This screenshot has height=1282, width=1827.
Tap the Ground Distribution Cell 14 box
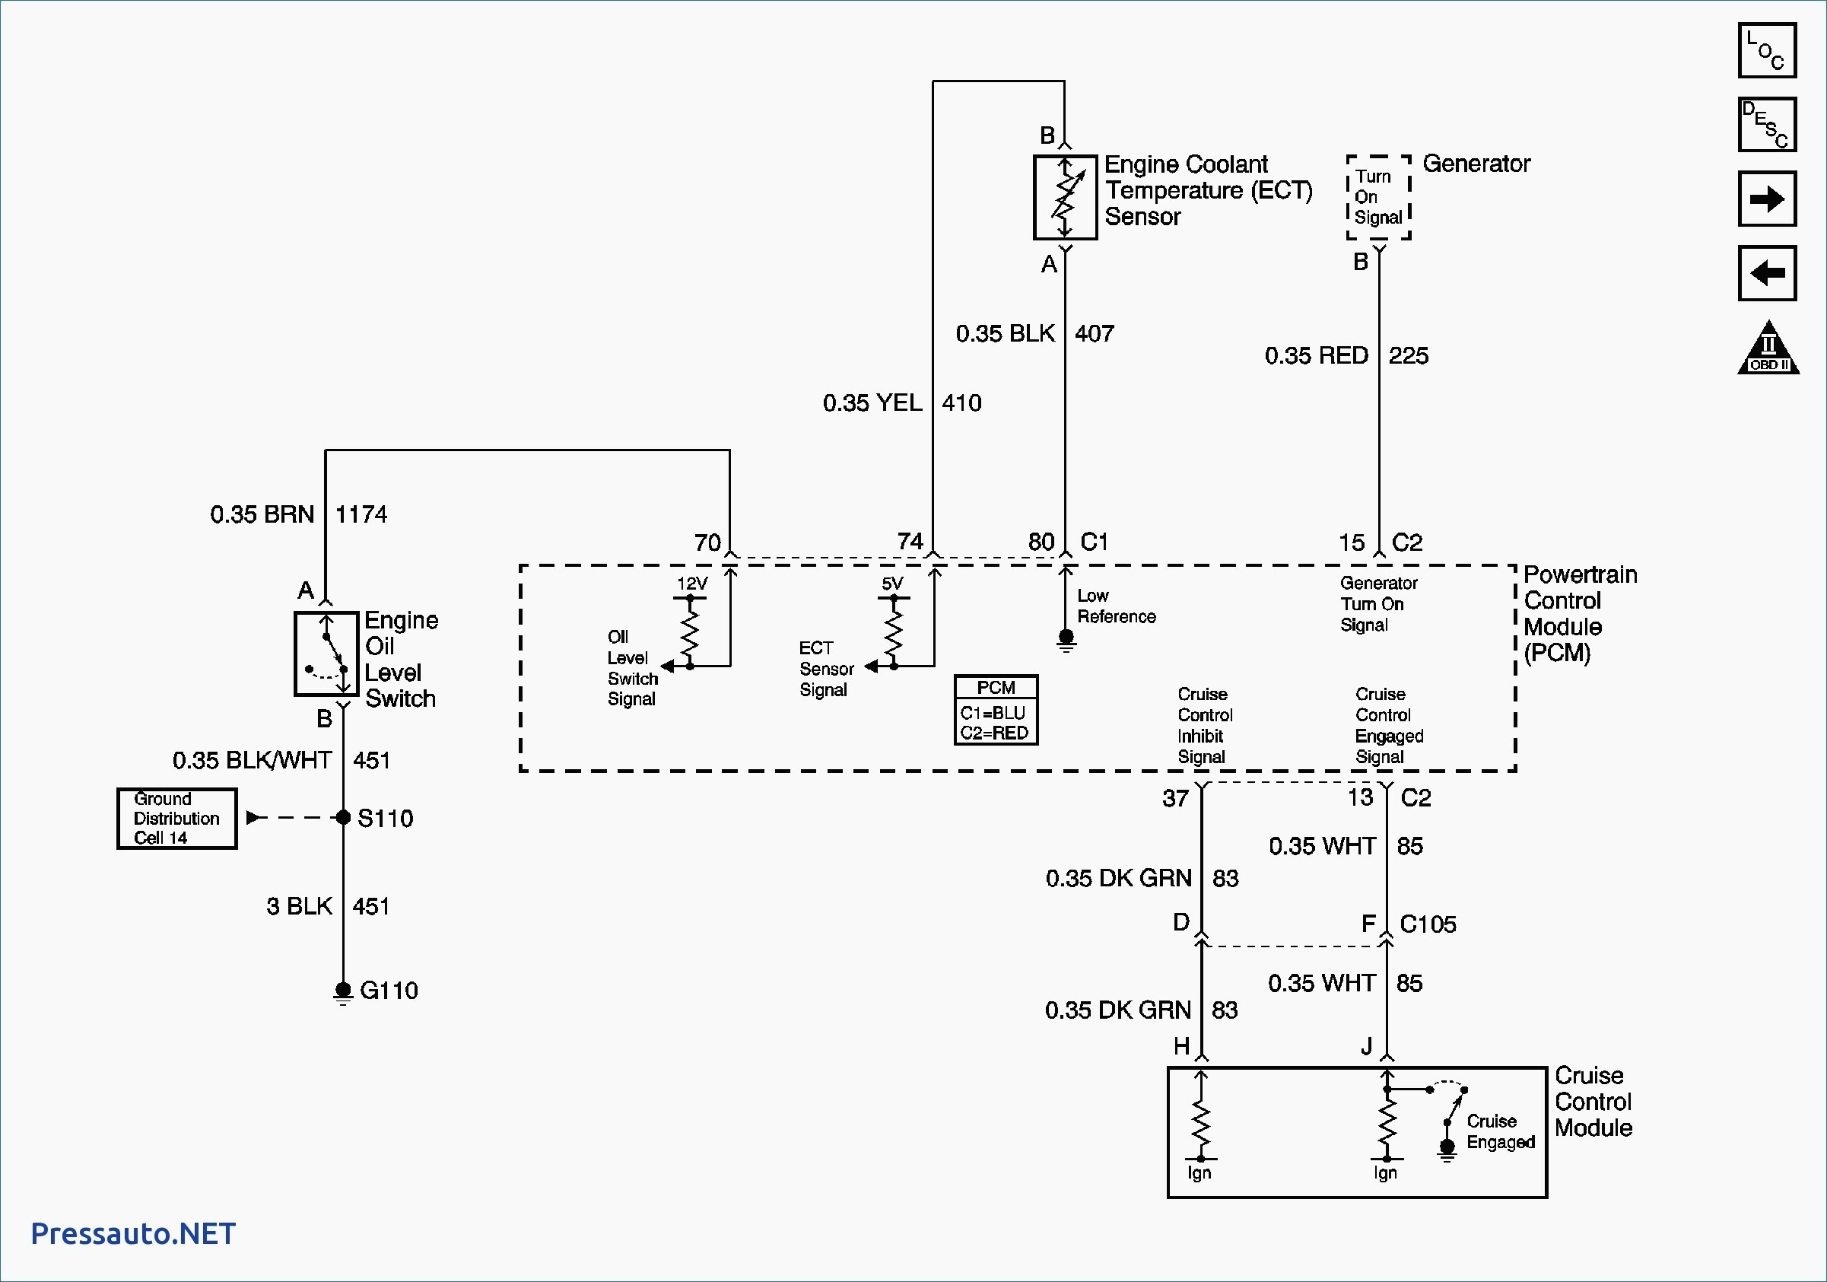[x=176, y=818]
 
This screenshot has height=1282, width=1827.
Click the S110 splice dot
[x=343, y=817]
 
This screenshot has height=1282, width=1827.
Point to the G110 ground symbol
[x=343, y=992]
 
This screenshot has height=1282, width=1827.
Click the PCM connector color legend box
[x=996, y=710]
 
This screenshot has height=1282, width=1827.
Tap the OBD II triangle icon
[x=1768, y=348]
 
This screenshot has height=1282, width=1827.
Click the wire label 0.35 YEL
[x=872, y=402]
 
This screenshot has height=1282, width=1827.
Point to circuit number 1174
[x=361, y=514]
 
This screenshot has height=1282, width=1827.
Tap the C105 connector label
[x=1428, y=924]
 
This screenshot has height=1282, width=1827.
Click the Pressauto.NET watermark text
[x=133, y=1233]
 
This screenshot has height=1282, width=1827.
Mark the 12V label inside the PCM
[x=691, y=584]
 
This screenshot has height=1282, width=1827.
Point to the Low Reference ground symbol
[x=1066, y=640]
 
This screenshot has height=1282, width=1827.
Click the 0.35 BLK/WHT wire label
[x=252, y=760]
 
